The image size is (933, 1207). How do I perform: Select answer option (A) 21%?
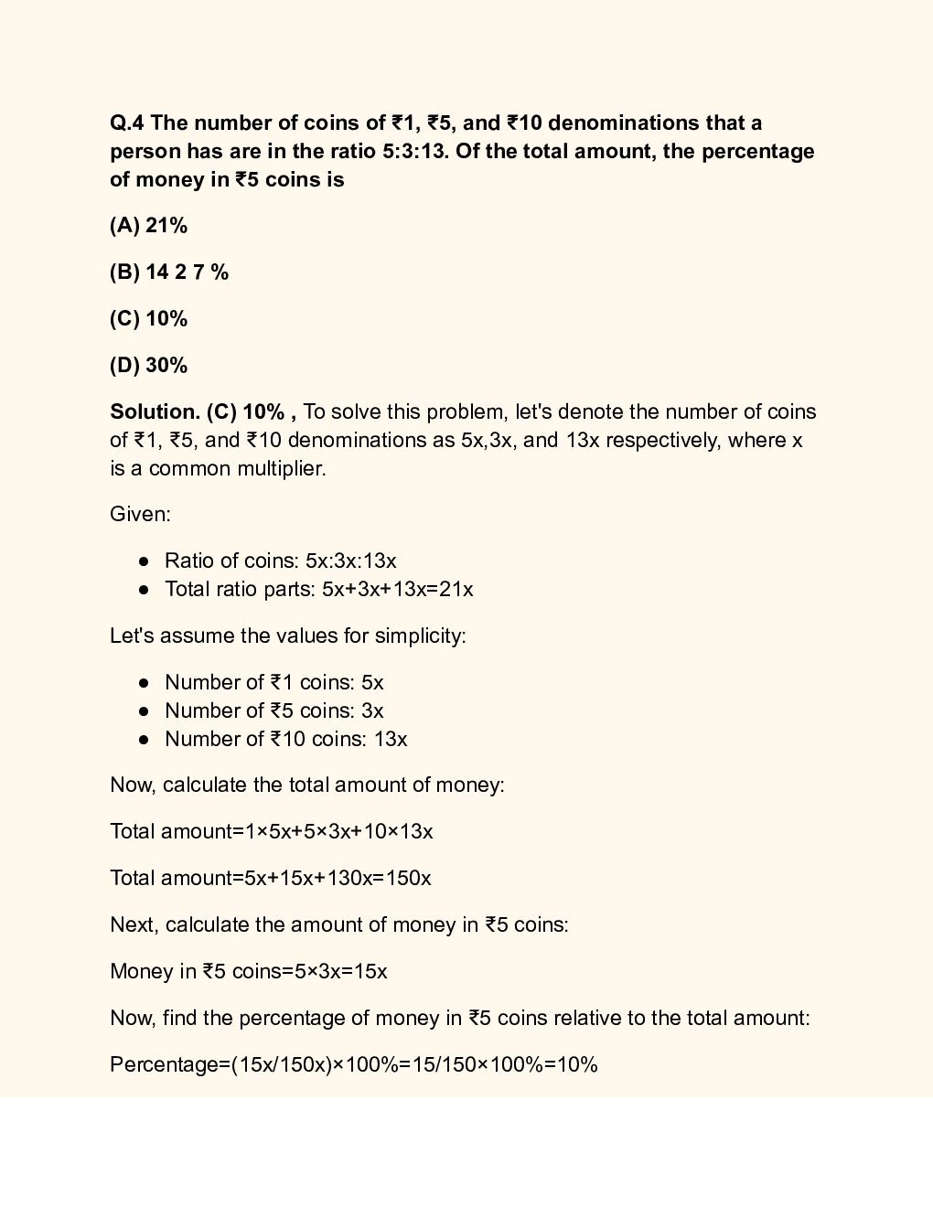pos(148,226)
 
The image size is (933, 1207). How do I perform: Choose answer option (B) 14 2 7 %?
pos(169,272)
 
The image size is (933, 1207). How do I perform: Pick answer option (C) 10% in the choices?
pos(148,319)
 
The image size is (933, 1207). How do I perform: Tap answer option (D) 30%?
pos(148,366)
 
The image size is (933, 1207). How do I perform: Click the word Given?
pos(140,515)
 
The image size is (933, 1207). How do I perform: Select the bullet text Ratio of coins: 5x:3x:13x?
pos(280,561)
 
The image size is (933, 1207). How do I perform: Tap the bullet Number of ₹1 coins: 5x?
pos(273,683)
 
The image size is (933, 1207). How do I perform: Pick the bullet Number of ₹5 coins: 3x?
pos(273,711)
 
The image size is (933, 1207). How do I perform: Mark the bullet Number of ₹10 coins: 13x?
pos(285,740)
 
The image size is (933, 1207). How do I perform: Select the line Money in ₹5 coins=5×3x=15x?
pos(248,972)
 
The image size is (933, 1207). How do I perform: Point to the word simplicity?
pos(422,636)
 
